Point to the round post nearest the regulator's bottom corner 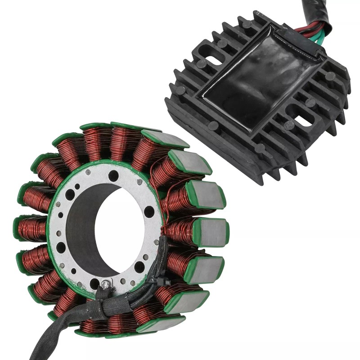tap(260, 148)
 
